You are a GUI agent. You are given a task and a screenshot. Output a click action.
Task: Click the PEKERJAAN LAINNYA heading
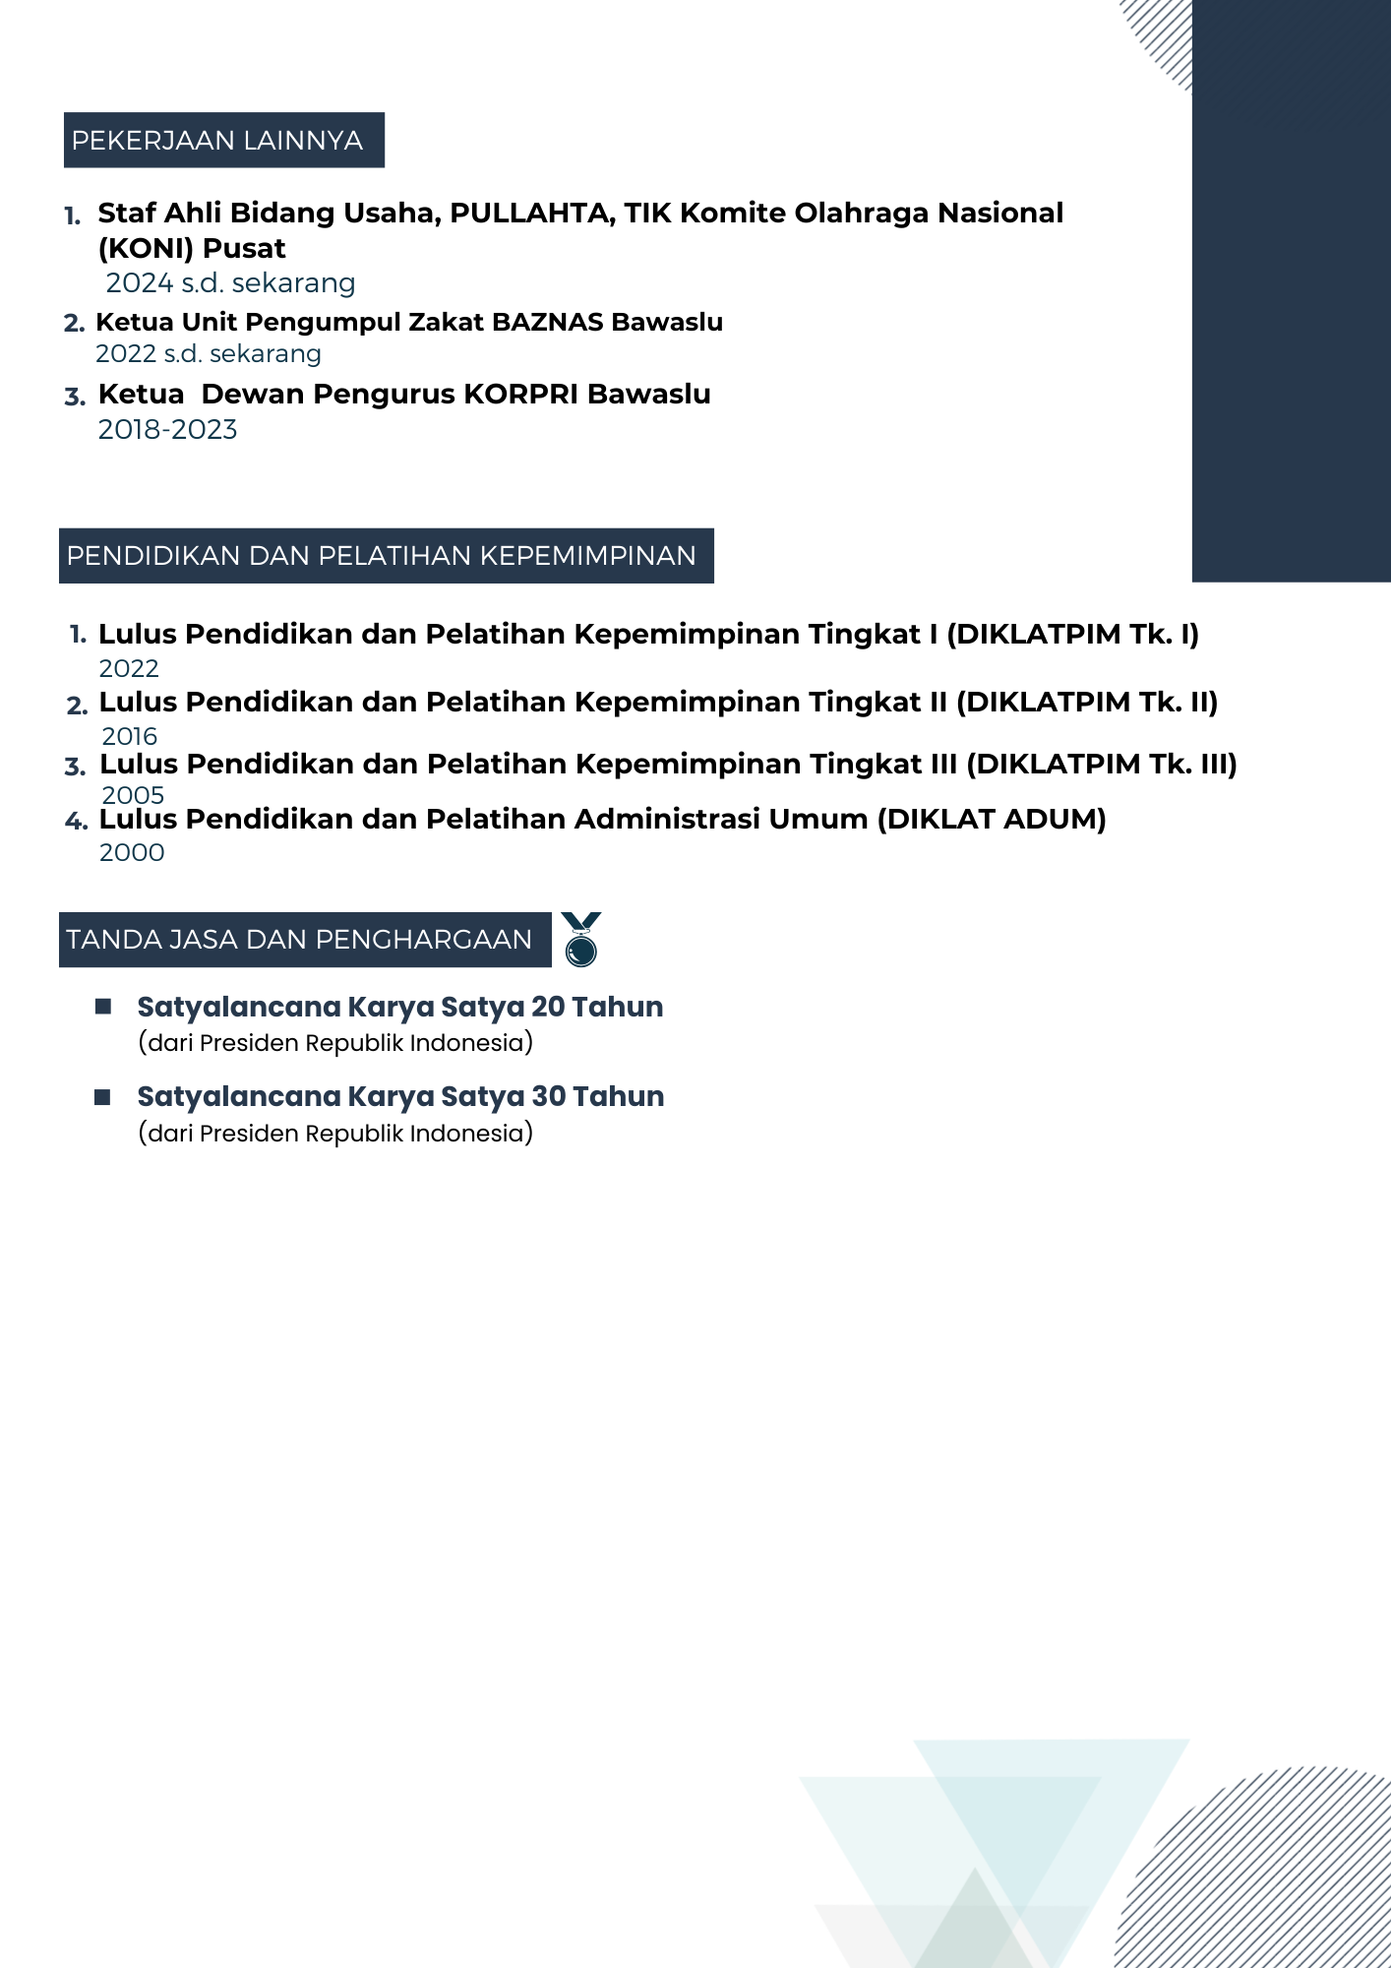coord(217,141)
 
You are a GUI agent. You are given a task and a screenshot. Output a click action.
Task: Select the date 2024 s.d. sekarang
coord(230,283)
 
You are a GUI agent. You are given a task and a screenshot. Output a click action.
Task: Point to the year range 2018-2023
coord(167,430)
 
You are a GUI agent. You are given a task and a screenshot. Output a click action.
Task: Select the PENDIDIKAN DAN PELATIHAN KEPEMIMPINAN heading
coord(382,556)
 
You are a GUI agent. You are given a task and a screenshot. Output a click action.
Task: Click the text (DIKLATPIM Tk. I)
coord(1072,635)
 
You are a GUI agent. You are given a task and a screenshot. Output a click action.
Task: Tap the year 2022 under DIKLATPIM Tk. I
coord(129,669)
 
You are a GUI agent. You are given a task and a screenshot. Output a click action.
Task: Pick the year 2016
coord(129,737)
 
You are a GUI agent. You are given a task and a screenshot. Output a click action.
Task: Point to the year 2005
coord(133,795)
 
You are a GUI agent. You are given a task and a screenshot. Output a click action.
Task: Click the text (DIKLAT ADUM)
coord(992,820)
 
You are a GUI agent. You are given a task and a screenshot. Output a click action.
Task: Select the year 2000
coord(132,853)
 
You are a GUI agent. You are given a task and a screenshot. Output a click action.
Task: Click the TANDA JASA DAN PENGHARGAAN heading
coord(300,940)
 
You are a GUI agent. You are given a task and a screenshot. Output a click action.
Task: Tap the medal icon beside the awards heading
coord(581,940)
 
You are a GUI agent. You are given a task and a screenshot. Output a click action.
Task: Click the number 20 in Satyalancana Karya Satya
coord(548,1008)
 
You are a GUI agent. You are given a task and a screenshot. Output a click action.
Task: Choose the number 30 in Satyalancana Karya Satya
coord(549,1097)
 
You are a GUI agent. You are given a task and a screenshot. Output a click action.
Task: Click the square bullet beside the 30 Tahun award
coord(102,1097)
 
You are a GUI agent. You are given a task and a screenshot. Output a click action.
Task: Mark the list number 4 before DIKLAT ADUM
coord(76,822)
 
